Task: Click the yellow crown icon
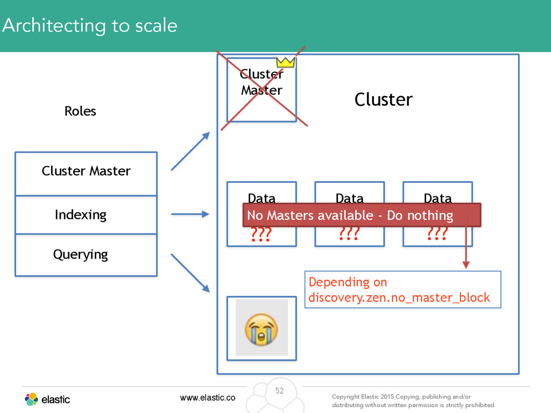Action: point(285,62)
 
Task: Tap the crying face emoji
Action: point(261,330)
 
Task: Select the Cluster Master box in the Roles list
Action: point(86,174)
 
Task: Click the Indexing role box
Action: point(86,215)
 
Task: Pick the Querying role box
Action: point(86,255)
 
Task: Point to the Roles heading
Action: point(80,111)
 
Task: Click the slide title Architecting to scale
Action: point(90,26)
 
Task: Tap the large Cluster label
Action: point(383,99)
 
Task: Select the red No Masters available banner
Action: point(362,215)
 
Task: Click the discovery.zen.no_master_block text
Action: point(399,297)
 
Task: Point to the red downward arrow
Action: point(467,243)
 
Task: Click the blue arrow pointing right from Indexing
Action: point(190,214)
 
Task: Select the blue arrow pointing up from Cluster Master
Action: point(190,151)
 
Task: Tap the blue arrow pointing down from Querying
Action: point(190,273)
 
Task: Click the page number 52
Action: point(279,390)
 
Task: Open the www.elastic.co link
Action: point(208,397)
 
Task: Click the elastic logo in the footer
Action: point(47,400)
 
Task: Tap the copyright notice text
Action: point(413,401)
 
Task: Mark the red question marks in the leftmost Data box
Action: point(261,234)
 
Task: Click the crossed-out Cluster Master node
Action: point(262,90)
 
